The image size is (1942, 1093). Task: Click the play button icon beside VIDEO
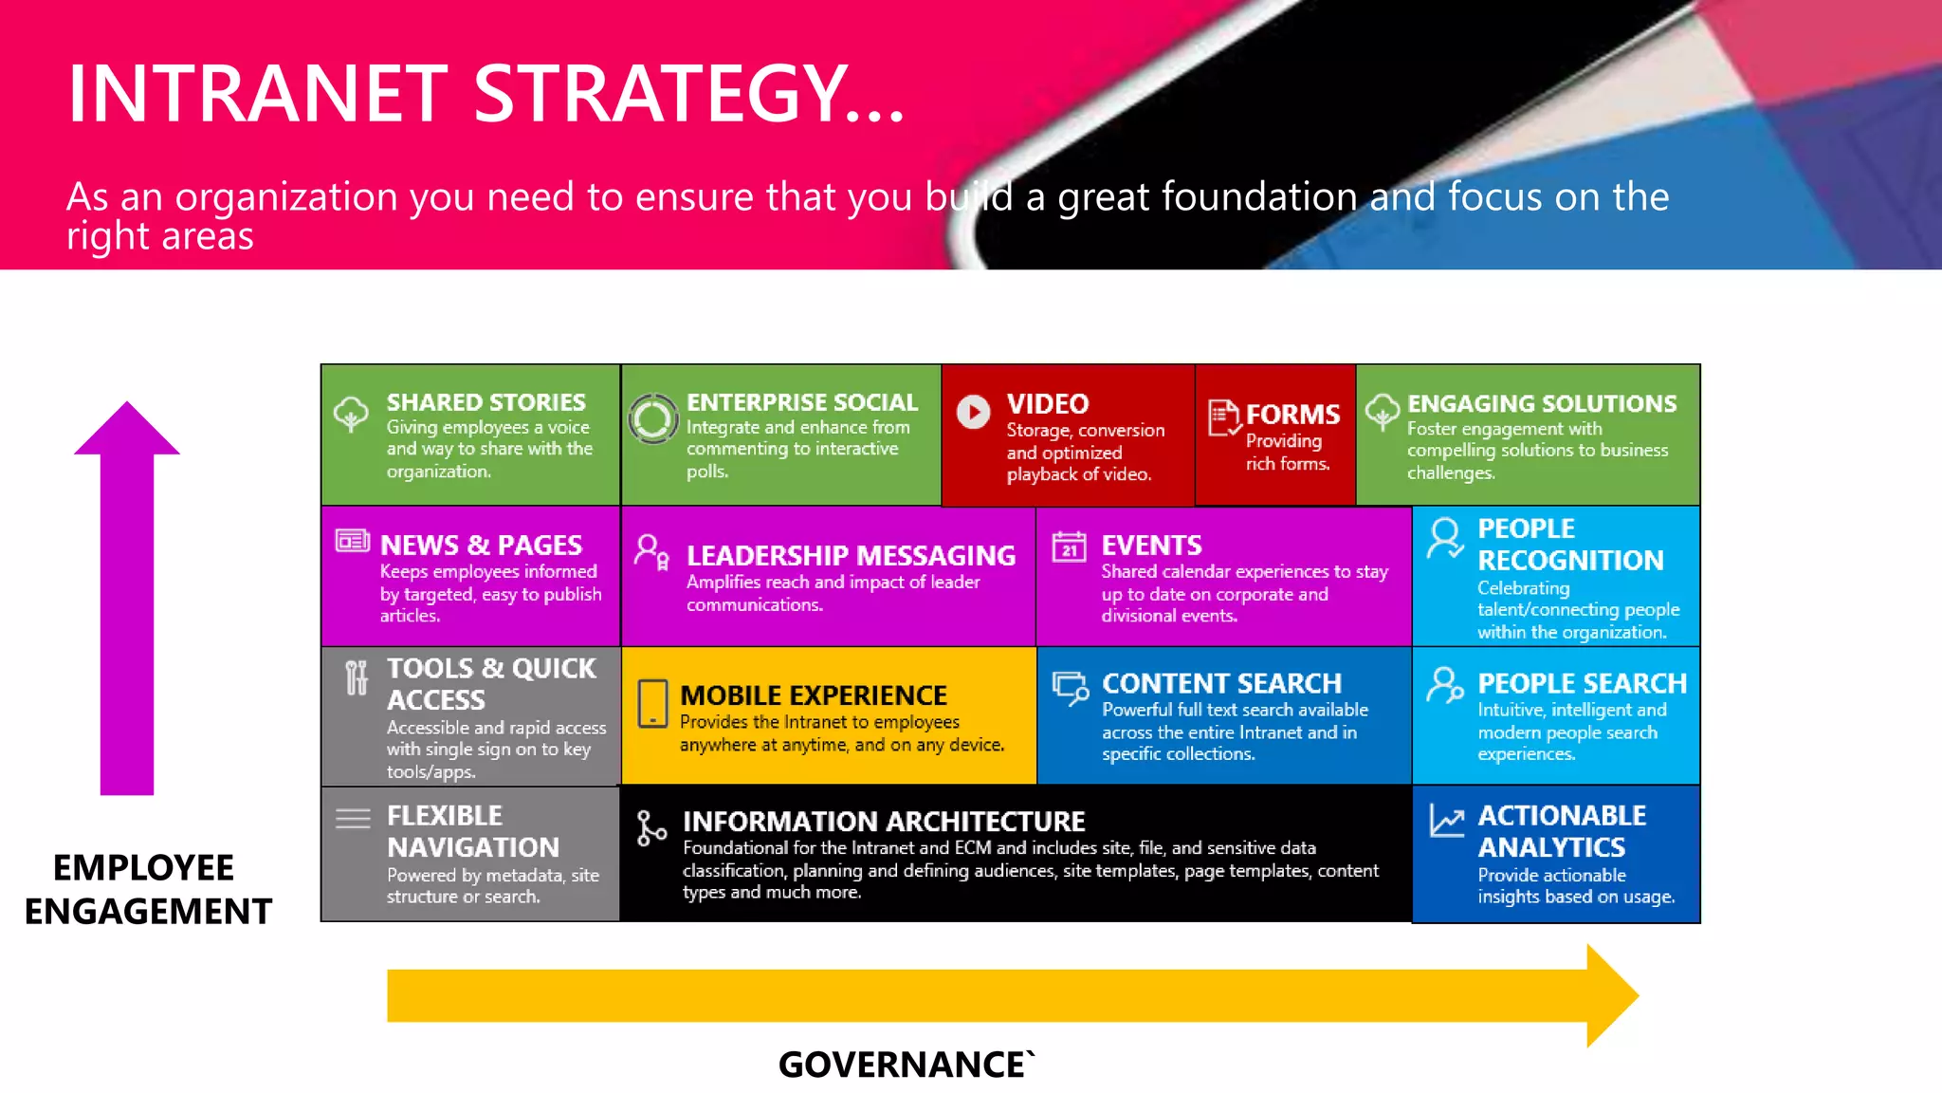coord(973,412)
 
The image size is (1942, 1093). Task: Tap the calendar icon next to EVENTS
coord(1069,546)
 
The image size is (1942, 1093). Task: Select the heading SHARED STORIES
coord(485,402)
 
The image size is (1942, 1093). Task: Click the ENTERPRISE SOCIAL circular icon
coord(653,418)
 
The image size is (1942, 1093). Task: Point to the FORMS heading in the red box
coord(1292,415)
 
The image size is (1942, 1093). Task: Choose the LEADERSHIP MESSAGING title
coord(851,555)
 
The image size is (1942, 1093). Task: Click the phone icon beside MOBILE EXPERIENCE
coord(652,704)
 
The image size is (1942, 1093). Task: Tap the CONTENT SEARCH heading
coord(1221,683)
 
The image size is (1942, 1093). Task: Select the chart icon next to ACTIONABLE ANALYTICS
coord(1447,821)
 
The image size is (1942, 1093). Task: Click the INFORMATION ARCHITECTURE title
coord(884,821)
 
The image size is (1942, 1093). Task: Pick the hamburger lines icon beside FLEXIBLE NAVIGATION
coord(353,818)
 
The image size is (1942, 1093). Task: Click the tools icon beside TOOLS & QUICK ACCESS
coord(356,677)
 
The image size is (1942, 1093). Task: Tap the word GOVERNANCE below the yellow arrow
coord(901,1065)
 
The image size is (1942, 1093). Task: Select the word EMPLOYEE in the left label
coord(143,867)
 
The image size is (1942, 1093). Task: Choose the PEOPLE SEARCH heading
coord(1582,683)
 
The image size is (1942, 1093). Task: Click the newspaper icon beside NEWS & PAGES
coord(353,541)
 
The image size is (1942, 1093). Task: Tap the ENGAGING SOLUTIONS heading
coord(1541,403)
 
